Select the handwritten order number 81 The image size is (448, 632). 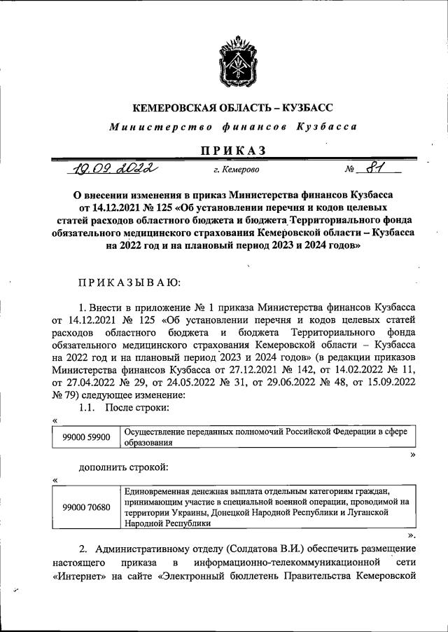[x=380, y=168]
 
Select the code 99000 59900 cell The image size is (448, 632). [x=86, y=437]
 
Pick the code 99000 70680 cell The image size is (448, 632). [x=86, y=507]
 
